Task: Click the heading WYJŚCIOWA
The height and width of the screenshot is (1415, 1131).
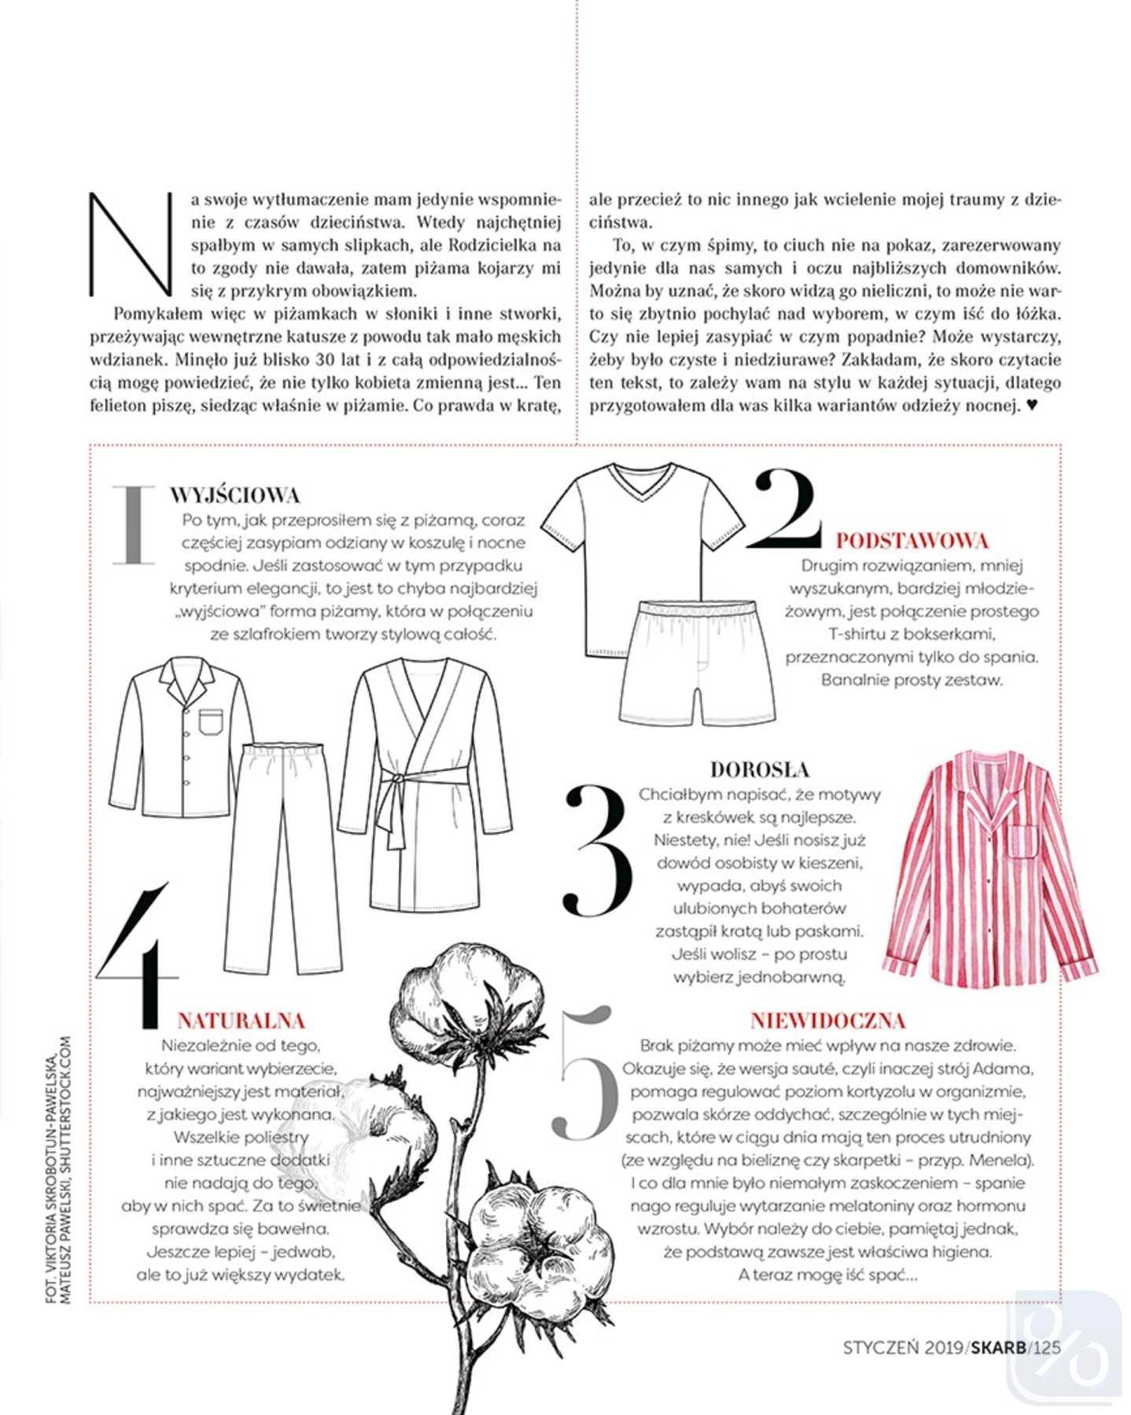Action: click(x=234, y=495)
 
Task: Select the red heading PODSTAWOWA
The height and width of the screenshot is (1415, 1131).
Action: click(x=912, y=541)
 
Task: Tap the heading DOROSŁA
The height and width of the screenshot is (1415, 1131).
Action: click(x=759, y=769)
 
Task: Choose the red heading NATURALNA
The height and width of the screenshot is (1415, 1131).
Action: click(x=241, y=1020)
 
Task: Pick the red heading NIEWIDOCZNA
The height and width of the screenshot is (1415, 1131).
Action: click(x=827, y=1020)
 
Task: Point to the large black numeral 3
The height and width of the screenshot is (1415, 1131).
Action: click(x=598, y=851)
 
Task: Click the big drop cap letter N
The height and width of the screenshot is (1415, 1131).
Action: click(x=131, y=244)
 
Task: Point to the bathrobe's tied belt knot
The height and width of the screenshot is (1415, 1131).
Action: click(x=400, y=780)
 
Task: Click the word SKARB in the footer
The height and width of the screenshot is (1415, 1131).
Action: click(x=999, y=1347)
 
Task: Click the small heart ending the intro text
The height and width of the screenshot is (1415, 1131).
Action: click(x=1033, y=406)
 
